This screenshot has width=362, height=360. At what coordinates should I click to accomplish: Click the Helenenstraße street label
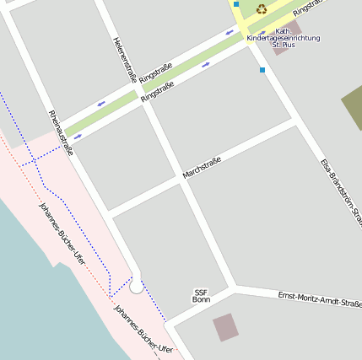pyautogui.click(x=124, y=59)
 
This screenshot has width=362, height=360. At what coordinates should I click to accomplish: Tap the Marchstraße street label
pyautogui.click(x=202, y=168)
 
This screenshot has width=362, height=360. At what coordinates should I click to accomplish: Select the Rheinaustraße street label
pyautogui.click(x=61, y=133)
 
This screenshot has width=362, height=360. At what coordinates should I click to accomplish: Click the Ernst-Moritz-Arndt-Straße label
pyautogui.click(x=320, y=298)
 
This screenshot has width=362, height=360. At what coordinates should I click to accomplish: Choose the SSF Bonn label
pyautogui.click(x=201, y=296)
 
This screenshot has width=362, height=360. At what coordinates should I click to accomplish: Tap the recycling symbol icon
pyautogui.click(x=262, y=9)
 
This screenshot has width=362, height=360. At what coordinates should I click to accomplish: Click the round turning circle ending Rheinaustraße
pyautogui.click(x=136, y=287)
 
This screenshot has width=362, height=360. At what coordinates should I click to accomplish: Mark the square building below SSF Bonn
pyautogui.click(x=225, y=327)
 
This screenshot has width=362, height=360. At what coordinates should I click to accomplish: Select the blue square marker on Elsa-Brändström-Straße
pyautogui.click(x=262, y=70)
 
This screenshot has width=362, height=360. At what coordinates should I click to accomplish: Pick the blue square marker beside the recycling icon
pyautogui.click(x=236, y=4)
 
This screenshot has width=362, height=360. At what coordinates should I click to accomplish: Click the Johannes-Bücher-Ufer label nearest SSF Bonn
pyautogui.click(x=143, y=329)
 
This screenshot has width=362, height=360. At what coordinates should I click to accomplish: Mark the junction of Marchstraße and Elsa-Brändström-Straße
pyautogui.click(x=294, y=123)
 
